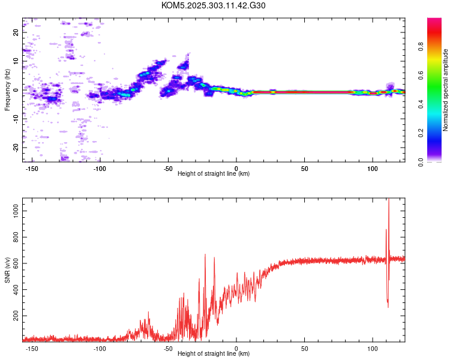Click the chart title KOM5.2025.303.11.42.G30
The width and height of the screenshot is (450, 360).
pos(214,5)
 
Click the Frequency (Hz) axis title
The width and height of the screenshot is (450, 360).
pos(7,90)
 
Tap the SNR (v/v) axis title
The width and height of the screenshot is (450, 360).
pos(7,269)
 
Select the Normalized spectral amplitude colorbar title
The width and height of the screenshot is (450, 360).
pos(445,90)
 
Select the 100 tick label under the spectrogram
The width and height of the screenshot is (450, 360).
pos(372,168)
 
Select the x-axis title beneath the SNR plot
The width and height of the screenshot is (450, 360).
pos(214,354)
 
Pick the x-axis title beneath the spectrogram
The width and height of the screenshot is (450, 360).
pos(214,174)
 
